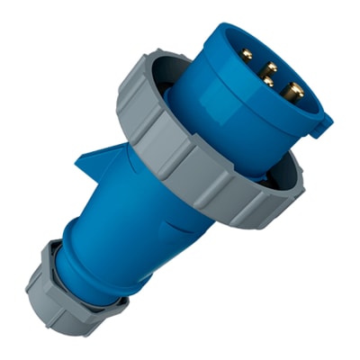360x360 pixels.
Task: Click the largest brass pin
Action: [292, 90]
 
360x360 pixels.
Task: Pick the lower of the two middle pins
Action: [267, 81]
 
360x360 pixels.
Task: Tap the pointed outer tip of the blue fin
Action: [77, 158]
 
